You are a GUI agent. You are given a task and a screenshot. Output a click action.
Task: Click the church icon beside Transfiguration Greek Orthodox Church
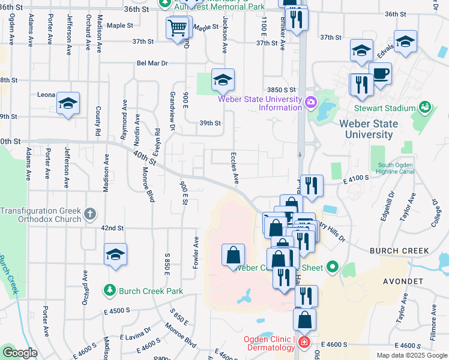point(89,213)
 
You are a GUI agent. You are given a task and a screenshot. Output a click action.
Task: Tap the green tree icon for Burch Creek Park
point(109,291)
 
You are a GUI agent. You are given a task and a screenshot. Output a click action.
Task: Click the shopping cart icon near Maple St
point(178,28)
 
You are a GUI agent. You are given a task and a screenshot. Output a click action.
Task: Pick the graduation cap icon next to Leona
point(68,103)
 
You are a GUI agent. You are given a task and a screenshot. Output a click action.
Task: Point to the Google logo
point(20,353)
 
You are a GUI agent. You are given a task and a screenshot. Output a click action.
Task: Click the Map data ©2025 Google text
point(411,355)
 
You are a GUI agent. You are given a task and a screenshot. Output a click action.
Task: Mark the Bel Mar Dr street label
point(152,62)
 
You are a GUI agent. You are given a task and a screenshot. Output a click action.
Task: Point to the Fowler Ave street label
point(196,252)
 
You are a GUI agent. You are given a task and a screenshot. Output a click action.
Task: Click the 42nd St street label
point(112,229)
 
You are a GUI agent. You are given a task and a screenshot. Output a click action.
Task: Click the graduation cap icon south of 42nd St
point(115,254)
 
